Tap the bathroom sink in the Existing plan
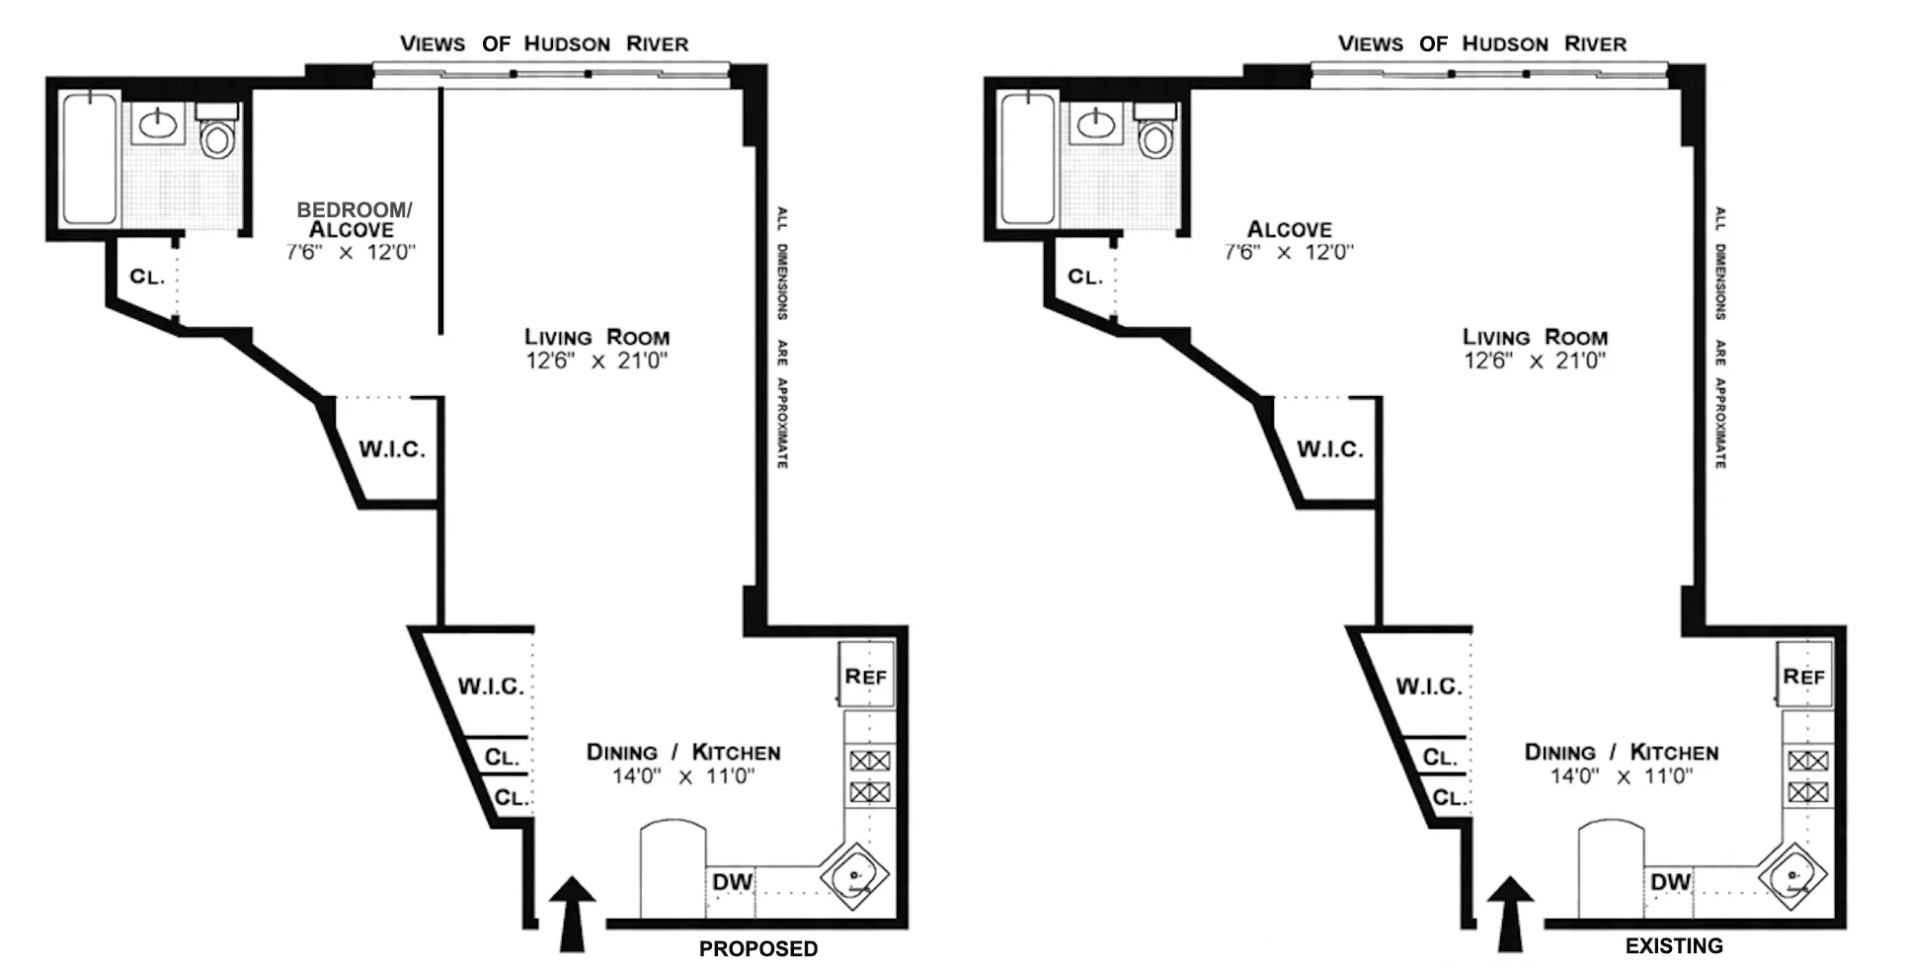1094,124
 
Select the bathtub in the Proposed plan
89,158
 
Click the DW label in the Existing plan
1670,882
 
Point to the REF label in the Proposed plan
866,677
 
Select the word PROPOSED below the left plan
758,948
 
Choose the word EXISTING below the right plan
1674,946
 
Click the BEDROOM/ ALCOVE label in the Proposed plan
353,219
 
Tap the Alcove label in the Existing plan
1289,229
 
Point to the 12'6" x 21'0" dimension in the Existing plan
1535,362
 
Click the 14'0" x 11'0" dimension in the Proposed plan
683,776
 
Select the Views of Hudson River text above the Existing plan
1481,43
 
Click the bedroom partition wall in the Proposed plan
440,212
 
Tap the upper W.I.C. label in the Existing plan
1329,449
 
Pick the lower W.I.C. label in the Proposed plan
491,686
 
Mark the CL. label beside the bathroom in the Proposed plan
147,277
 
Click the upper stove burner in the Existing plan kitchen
1808,761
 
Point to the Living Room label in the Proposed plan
596,337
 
